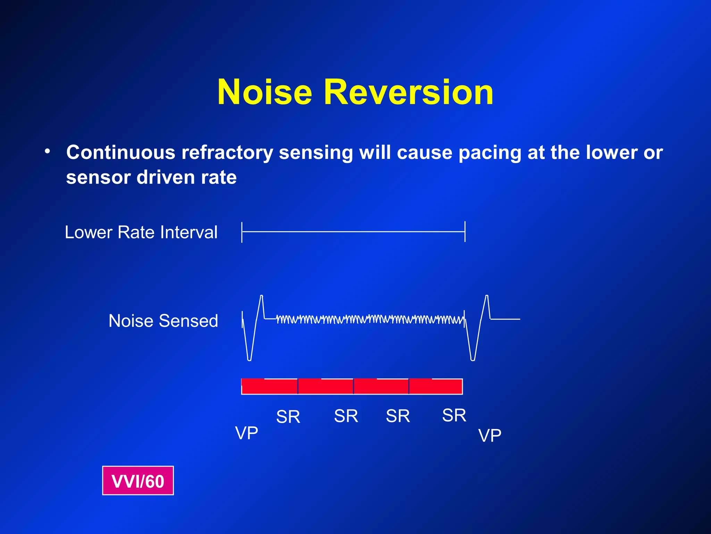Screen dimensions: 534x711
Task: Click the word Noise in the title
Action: [x=265, y=92]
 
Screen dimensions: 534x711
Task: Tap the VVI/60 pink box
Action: [x=138, y=481]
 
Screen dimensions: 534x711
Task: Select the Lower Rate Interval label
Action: [x=141, y=232]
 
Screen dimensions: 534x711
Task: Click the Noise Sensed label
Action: [x=163, y=321]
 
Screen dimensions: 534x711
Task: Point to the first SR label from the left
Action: [x=288, y=416]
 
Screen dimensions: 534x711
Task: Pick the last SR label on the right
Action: [x=454, y=415]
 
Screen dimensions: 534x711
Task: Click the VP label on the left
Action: [x=246, y=433]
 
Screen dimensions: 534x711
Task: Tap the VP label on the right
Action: [x=490, y=435]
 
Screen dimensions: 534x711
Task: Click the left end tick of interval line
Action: [x=242, y=232]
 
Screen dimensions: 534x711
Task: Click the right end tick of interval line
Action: [x=465, y=232]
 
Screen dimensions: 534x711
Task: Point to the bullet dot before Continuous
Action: [x=48, y=152]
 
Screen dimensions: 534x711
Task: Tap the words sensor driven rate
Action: [x=151, y=177]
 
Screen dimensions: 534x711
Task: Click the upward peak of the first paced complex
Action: [x=261, y=297]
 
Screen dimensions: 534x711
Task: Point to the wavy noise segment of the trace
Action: [x=370, y=319]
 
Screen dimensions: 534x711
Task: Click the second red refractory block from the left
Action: [x=325, y=386]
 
